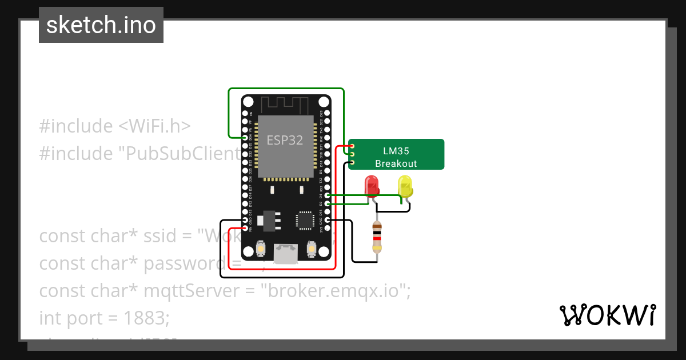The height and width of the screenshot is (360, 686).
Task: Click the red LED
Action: coord(372,186)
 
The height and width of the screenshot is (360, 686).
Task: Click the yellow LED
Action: coord(405,186)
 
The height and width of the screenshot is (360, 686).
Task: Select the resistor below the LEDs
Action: coord(377,238)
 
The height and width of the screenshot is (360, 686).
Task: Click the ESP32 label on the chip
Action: coord(285,140)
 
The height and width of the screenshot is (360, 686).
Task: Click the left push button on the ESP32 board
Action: coord(260,249)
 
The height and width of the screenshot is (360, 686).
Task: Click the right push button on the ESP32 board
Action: coord(312,249)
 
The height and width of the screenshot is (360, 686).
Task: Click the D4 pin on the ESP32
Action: coord(326,195)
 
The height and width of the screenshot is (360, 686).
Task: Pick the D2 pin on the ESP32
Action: coord(326,203)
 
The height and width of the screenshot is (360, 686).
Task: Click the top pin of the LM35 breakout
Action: coord(352,146)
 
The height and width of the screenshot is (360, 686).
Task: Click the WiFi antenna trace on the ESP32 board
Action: coord(285,105)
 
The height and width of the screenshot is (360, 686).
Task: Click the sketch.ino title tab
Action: coord(101,25)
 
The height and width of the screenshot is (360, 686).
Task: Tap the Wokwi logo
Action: coord(608,315)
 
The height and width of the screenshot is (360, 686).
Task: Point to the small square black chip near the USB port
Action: coord(304,221)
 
